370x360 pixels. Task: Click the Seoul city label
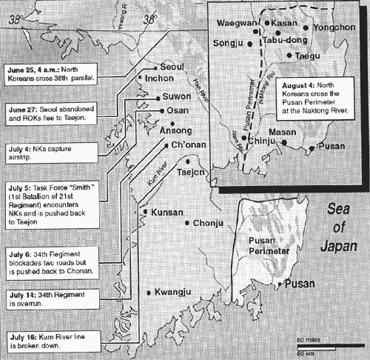coord(172,66)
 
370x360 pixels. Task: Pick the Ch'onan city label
coord(189,145)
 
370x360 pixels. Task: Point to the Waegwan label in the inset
coord(236,23)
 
